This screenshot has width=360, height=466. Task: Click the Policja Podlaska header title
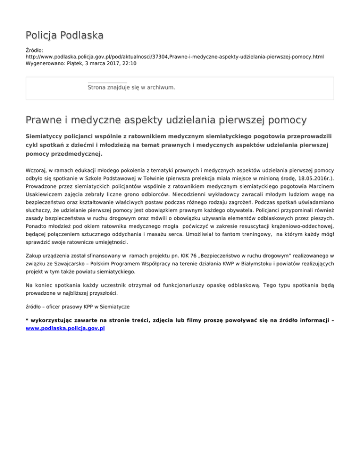pyautogui.click(x=65, y=35)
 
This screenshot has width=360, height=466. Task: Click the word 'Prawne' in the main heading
pyautogui.click(x=46, y=120)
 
